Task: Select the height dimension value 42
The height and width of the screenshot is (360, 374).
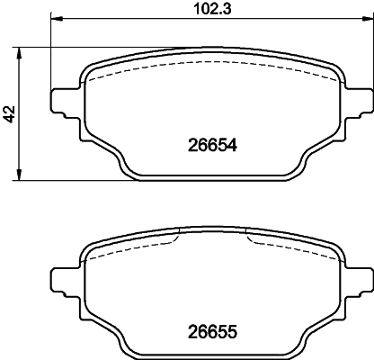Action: pyautogui.click(x=9, y=113)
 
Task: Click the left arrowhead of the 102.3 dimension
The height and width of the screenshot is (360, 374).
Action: pyautogui.click(x=56, y=19)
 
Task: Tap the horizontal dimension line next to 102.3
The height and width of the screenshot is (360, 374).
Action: pyautogui.click(x=135, y=19)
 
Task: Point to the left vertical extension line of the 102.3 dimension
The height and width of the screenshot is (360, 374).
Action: pyautogui.click(x=51, y=54)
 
